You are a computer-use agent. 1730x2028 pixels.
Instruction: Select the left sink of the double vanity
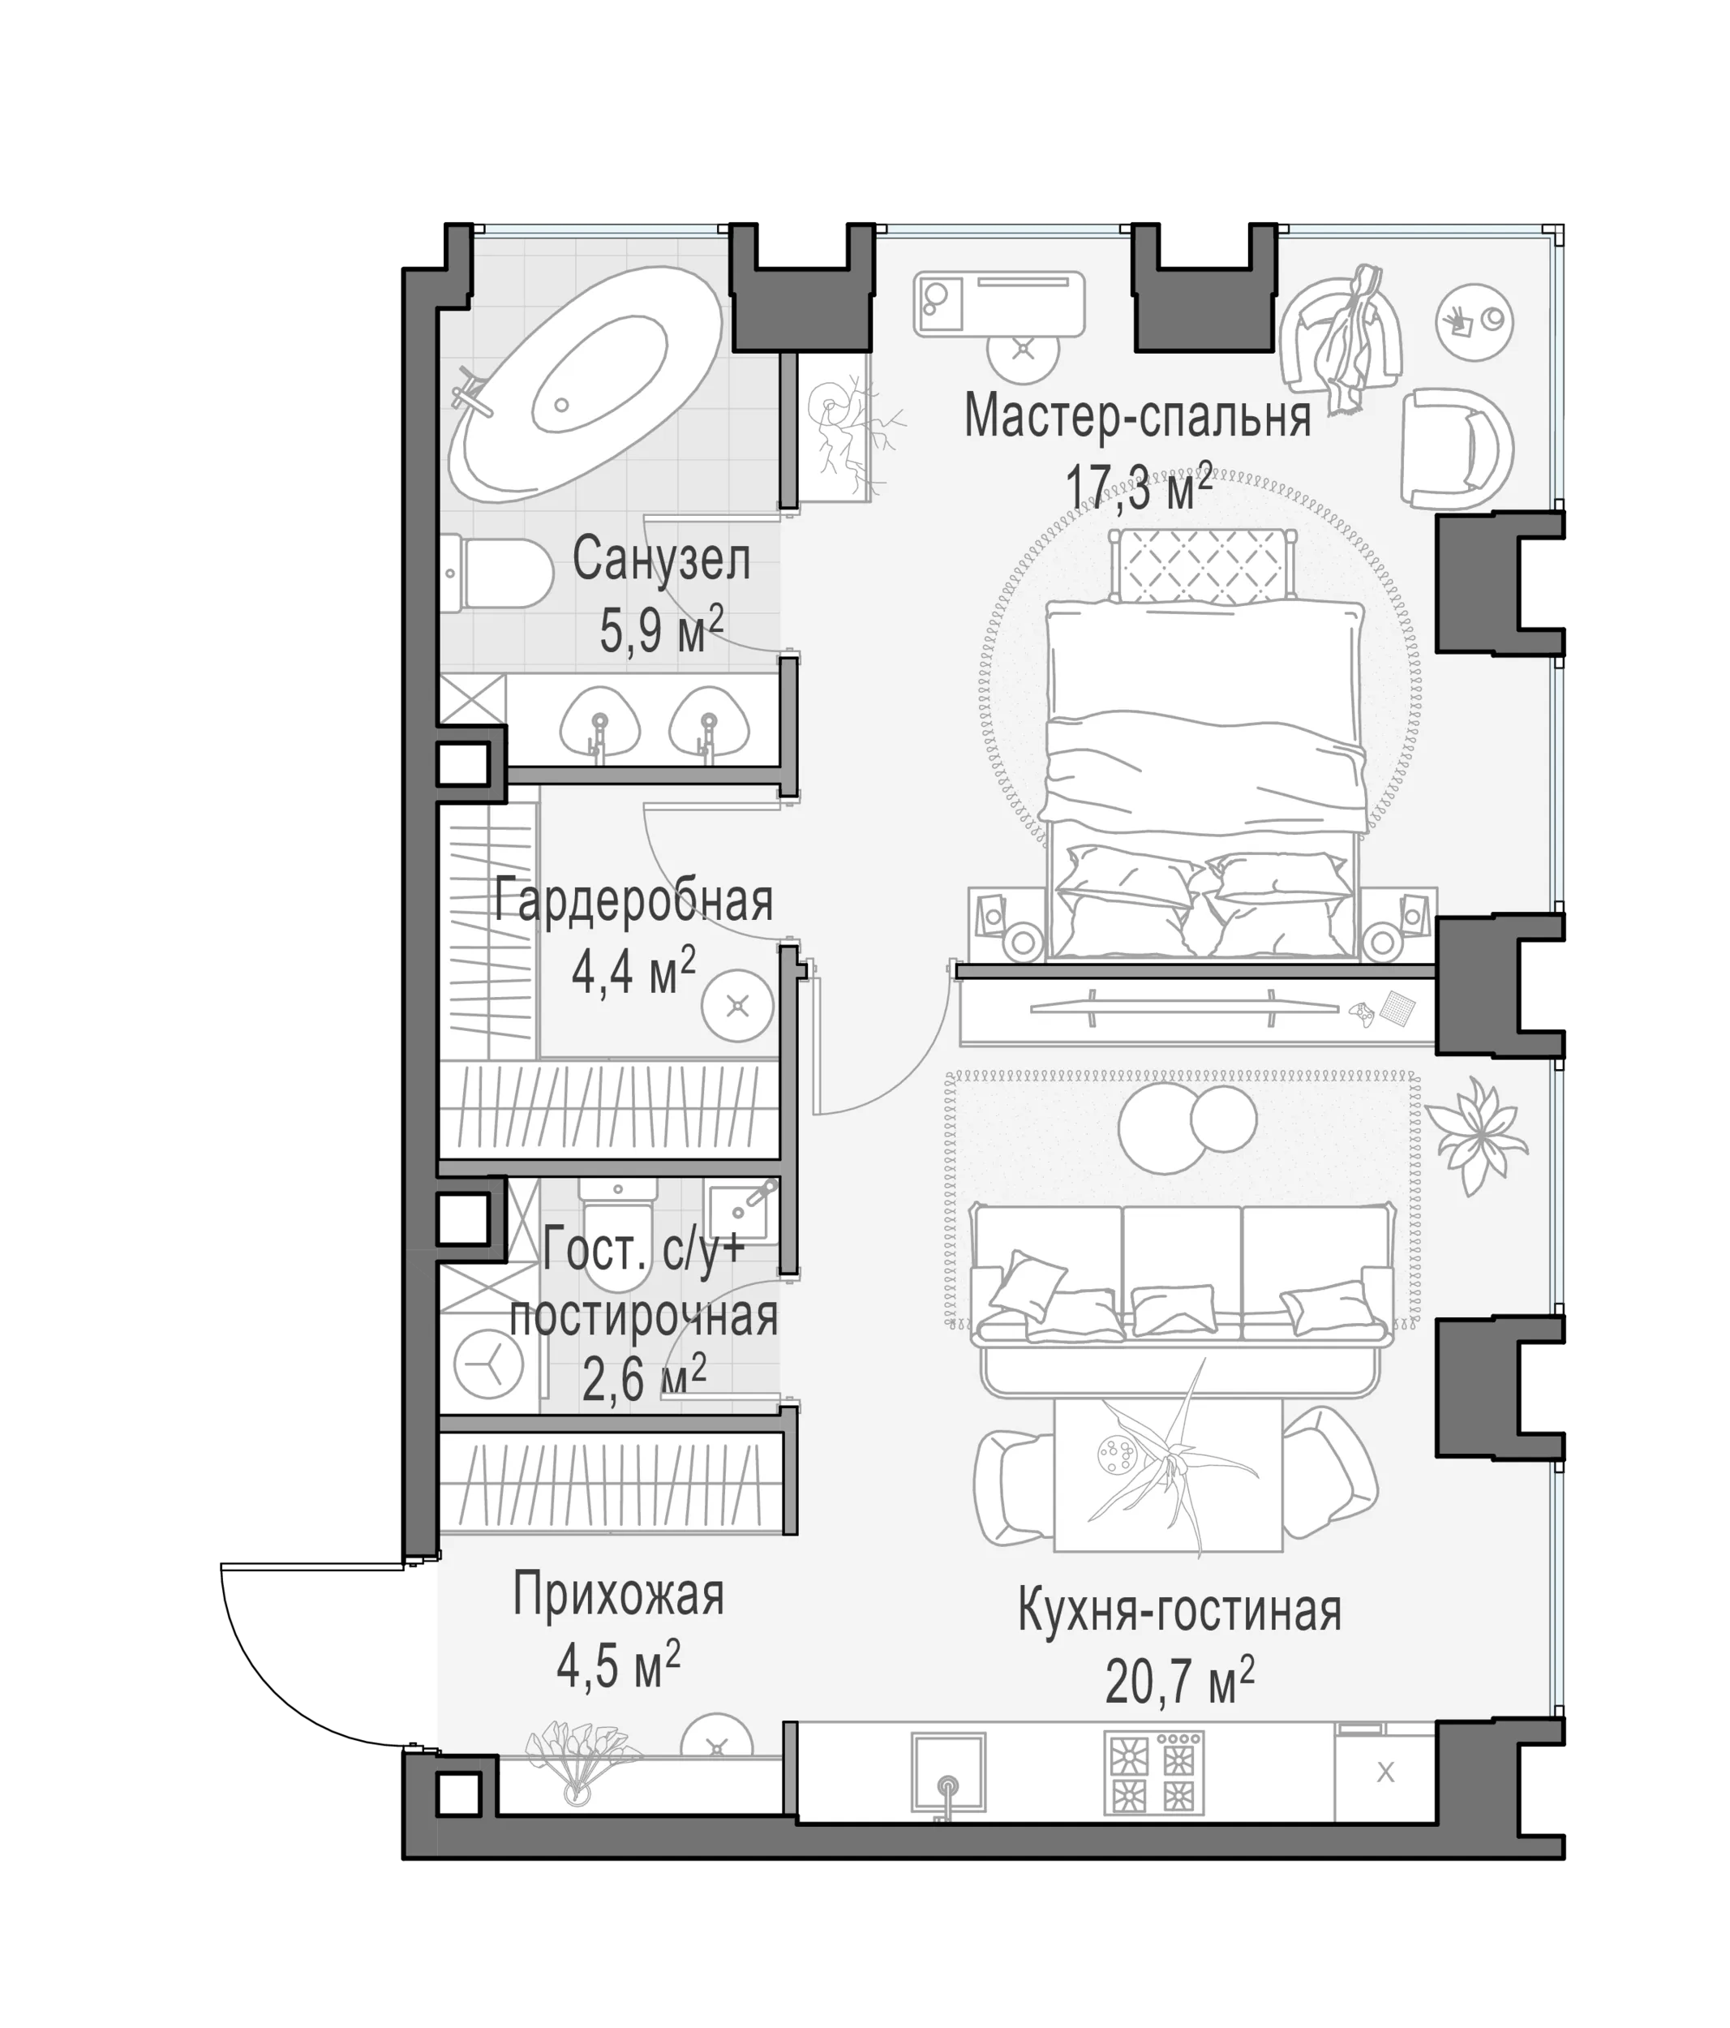pos(600,725)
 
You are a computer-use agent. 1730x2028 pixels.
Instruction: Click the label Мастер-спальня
pos(1137,416)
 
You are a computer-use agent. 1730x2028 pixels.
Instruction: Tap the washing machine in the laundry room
pos(488,1364)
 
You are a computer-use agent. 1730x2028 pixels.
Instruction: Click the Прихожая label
pos(618,1596)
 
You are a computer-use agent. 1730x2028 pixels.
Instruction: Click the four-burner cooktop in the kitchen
pos(1153,1772)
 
